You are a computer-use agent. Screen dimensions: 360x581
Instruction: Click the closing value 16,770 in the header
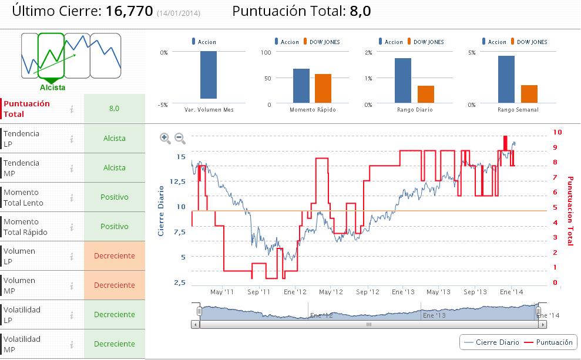129,11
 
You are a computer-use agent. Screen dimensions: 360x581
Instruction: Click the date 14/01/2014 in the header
179,13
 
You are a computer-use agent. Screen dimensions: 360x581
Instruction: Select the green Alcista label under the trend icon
52,88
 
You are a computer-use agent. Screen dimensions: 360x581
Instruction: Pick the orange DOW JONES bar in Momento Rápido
323,89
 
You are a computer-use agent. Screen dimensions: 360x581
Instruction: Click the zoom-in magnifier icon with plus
165,139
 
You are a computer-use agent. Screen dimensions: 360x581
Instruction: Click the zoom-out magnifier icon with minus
180,139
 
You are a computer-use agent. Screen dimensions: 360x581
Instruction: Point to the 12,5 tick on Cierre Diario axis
177,181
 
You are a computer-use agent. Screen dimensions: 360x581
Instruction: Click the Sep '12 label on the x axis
368,292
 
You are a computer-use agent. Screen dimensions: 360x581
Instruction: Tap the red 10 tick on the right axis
558,133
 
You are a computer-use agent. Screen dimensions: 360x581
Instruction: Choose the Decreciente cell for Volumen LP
114,256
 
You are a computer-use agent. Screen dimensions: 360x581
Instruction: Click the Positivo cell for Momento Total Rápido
114,227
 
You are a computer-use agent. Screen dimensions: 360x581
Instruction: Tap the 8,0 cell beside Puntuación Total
114,109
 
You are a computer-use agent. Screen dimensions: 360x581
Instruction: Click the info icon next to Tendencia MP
72,168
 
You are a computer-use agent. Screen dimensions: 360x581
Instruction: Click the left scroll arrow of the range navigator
195,324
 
